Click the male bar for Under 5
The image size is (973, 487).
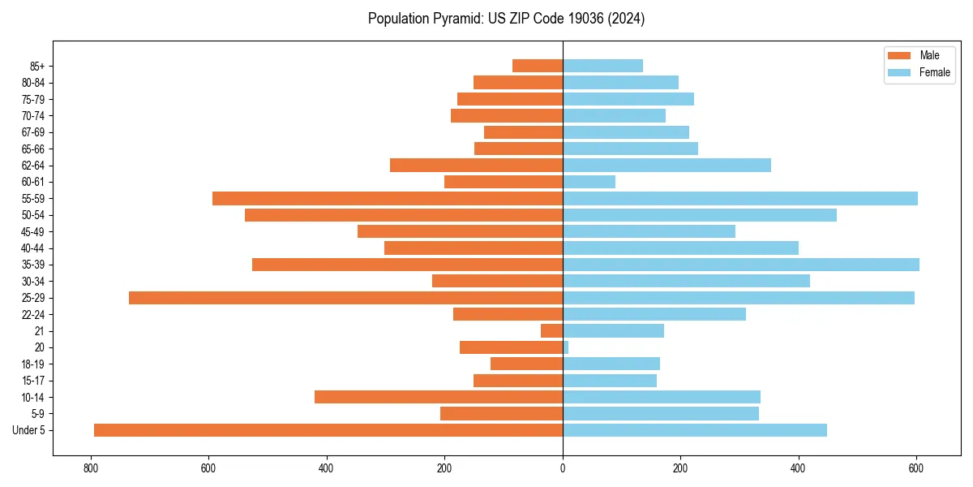328,430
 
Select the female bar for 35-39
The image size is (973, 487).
741,265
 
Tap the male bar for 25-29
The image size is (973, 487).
345,298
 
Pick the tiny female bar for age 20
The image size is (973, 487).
566,347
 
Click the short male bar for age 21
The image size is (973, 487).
551,331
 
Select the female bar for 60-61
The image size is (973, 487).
589,182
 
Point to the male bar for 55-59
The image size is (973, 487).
388,199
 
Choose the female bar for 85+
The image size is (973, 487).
602,66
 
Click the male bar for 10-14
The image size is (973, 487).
439,397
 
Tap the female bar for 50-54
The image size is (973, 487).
700,215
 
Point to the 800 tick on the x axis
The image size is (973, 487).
91,469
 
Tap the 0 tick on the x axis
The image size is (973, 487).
563,469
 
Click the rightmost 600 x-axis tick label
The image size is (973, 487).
916,469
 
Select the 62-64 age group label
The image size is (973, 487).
33,166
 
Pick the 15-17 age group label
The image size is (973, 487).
33,381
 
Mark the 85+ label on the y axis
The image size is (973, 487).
37,66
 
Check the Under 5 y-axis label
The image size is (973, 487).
29,430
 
